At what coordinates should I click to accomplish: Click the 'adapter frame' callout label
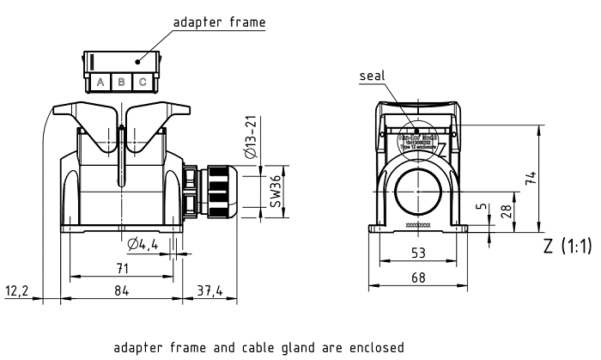[219, 21]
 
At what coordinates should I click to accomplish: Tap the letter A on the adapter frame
[100, 82]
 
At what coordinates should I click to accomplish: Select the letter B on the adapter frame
[121, 82]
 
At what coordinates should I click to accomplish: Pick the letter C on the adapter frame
[143, 82]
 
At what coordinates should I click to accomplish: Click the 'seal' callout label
[372, 76]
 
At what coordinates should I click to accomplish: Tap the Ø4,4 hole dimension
[143, 246]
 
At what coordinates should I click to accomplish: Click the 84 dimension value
[121, 291]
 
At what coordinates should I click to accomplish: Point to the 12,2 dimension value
[17, 291]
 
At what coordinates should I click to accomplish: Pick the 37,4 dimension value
[209, 291]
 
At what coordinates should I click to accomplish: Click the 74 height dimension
[532, 178]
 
